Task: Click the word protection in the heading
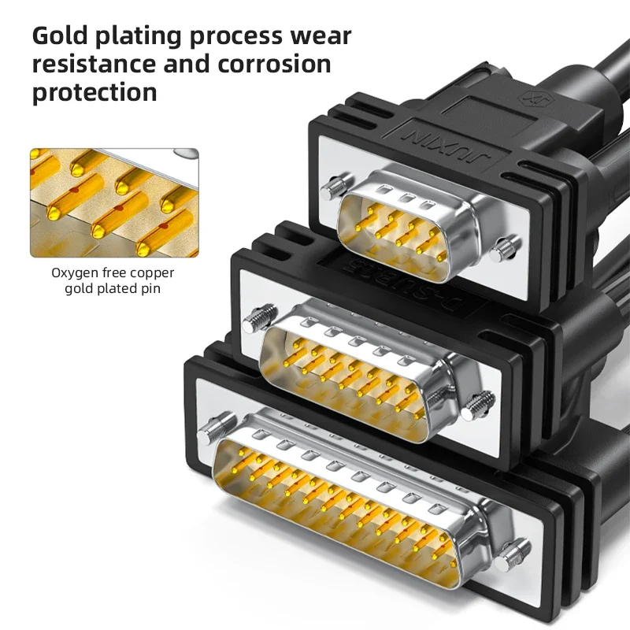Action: click(x=94, y=93)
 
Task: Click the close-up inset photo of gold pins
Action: click(x=114, y=202)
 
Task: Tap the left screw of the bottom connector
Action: click(x=210, y=432)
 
